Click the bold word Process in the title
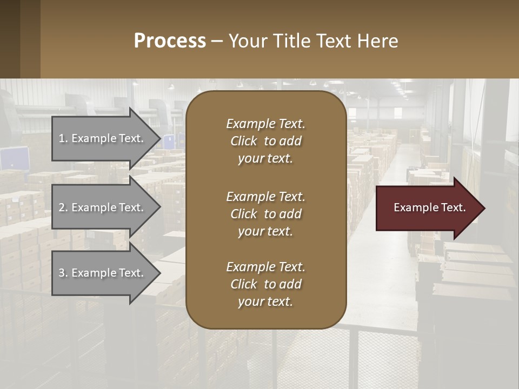tap(170, 41)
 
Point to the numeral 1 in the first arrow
tap(62, 138)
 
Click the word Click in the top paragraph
tap(244, 142)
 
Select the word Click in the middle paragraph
tap(244, 214)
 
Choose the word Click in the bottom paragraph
tap(244, 284)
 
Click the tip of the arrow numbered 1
tap(159, 138)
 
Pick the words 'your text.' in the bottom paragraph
tap(265, 302)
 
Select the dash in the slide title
tap(217, 42)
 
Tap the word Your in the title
tap(248, 41)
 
